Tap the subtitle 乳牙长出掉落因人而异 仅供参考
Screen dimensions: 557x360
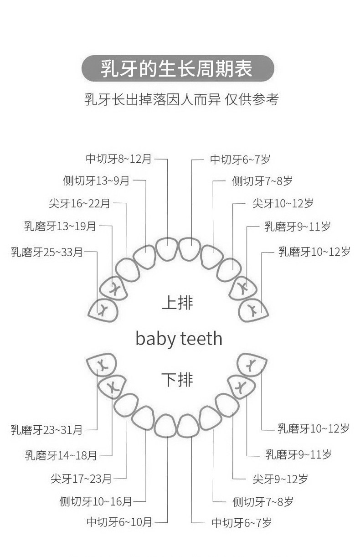coord(181,99)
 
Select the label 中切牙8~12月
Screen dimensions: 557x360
coord(118,159)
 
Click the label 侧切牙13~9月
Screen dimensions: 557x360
coord(96,181)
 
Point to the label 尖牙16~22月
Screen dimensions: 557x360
coord(79,203)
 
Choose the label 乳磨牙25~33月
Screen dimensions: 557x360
coord(47,252)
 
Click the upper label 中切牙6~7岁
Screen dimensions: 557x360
coord(240,160)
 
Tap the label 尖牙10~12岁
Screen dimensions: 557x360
coord(283,203)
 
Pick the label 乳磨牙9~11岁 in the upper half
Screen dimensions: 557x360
coord(298,226)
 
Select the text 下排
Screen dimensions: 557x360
coord(177,379)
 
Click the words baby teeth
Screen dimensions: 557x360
coord(179,339)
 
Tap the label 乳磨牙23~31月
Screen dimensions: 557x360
coord(47,429)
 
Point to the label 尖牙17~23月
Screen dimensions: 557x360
coord(81,479)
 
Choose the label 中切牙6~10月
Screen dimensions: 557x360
coord(119,522)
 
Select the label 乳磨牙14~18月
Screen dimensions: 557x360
coord(61,455)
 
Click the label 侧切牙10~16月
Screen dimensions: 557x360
coord(96,501)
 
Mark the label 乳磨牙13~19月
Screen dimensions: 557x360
coord(60,226)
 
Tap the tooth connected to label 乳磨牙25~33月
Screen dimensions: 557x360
coord(103,310)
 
